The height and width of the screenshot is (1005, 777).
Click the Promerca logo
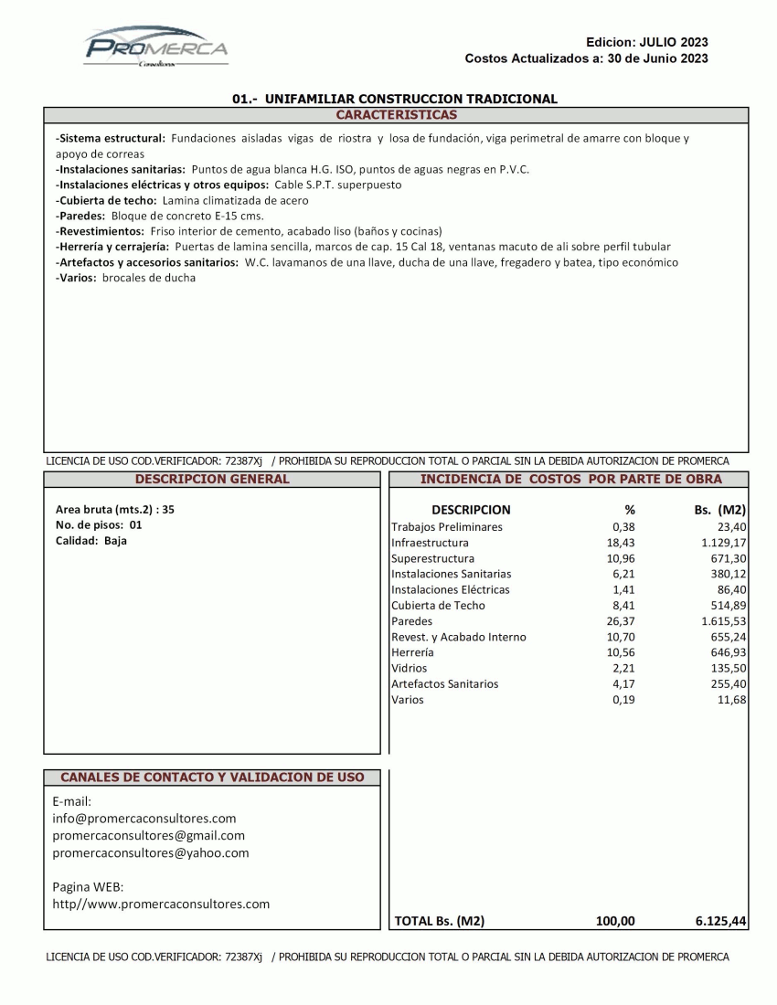156,46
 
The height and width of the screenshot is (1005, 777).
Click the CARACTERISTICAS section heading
396,115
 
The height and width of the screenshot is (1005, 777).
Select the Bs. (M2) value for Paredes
718,621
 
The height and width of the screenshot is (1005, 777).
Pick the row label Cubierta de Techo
438,606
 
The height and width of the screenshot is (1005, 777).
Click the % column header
629,510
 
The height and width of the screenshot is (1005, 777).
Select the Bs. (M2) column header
720,510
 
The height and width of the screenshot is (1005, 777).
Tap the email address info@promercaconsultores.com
144,819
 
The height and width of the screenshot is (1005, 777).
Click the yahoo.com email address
151,853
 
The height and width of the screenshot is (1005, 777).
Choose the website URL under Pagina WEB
161,904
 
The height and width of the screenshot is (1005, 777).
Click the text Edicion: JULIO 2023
647,42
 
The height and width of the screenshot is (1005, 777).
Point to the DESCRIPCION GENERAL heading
211,479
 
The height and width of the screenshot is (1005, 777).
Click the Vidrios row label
409,669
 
